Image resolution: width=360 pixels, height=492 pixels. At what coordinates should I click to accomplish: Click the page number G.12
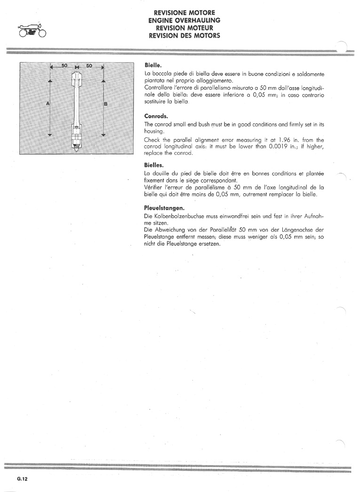(x=23, y=479)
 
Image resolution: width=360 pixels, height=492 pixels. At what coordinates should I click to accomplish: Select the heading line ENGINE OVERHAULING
(x=184, y=20)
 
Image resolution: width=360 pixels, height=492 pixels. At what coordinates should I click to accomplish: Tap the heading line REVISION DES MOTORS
(x=184, y=35)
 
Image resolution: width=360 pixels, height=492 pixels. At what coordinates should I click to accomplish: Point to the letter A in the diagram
(x=48, y=103)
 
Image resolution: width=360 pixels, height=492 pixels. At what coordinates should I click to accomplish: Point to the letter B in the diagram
(x=106, y=103)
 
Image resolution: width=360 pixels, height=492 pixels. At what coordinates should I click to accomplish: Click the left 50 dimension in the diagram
(x=64, y=65)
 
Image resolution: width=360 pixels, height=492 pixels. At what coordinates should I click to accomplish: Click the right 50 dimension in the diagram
(x=89, y=65)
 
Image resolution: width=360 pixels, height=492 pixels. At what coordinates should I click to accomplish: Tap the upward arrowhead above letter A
(x=49, y=81)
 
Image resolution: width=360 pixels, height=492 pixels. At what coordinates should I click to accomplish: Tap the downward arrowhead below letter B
(x=104, y=135)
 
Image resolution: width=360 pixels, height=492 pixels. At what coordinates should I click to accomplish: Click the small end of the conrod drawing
(x=77, y=76)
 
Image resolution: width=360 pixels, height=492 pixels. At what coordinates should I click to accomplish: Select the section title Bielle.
(x=153, y=65)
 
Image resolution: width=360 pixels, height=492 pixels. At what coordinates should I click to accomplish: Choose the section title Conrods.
(x=156, y=116)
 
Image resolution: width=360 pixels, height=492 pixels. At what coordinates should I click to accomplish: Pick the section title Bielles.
(x=154, y=165)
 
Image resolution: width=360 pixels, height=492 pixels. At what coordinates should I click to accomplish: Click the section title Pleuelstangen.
(x=164, y=208)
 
